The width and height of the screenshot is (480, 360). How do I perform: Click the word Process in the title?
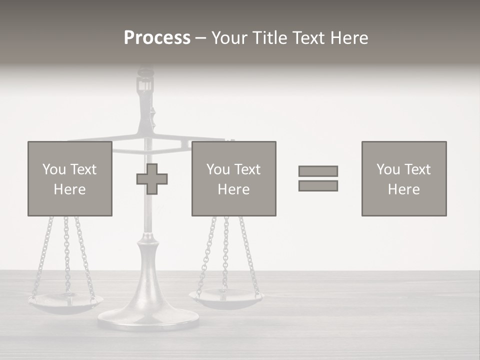click(157, 38)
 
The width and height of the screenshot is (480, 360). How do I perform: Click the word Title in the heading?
click(270, 38)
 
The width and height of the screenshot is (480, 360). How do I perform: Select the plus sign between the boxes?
click(152, 179)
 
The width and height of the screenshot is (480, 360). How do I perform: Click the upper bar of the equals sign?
click(318, 171)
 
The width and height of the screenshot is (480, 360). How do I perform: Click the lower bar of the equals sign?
click(318, 185)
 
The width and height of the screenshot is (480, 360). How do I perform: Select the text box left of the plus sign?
click(70, 178)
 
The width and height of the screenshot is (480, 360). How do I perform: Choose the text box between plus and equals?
click(233, 178)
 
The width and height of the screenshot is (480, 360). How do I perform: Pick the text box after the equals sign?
click(404, 178)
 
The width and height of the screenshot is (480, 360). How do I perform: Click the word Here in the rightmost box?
click(403, 189)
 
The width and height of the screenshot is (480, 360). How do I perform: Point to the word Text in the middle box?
click(247, 169)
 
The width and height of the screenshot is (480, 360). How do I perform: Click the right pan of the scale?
click(226, 298)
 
